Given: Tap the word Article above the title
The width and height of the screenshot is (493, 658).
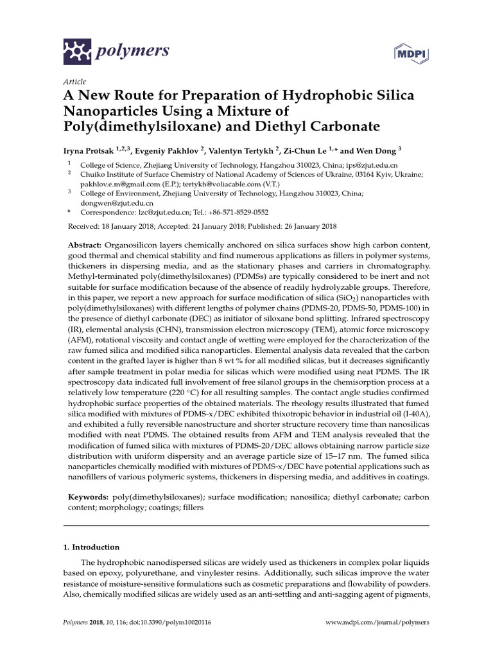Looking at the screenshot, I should click(x=74, y=81).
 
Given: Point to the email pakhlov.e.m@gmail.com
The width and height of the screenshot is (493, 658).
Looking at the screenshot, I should click(x=114, y=183).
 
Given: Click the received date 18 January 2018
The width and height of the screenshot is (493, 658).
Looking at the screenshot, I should click(x=131, y=227).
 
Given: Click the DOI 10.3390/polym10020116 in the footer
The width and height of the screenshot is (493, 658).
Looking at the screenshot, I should click(x=166, y=623).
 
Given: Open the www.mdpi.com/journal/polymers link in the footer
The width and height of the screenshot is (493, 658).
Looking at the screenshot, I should click(x=377, y=623).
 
